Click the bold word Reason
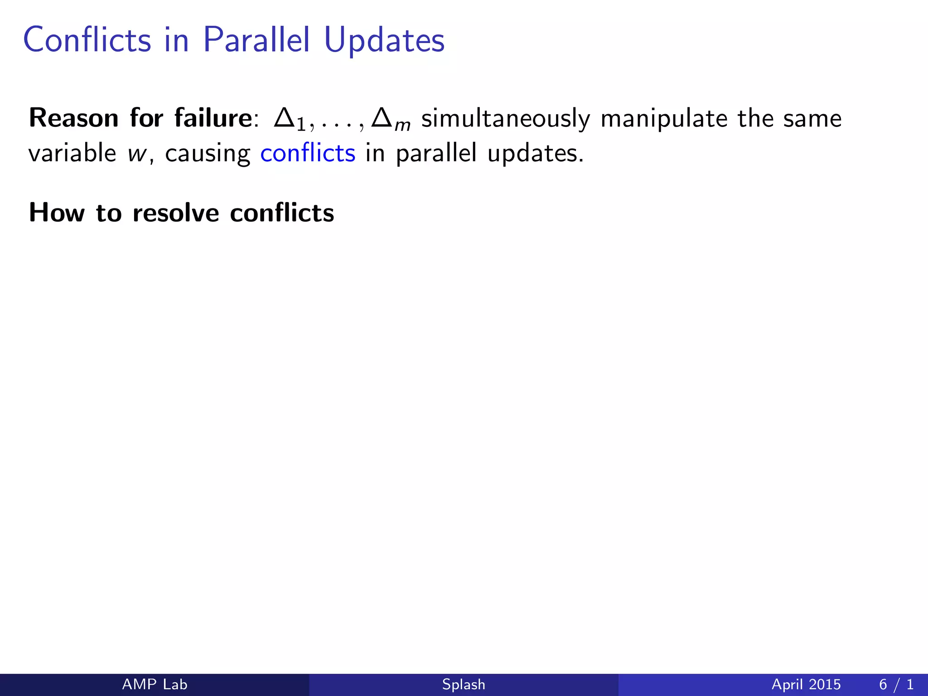click(x=74, y=118)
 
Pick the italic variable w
click(x=136, y=154)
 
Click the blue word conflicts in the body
click(x=308, y=153)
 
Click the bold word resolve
click(x=176, y=213)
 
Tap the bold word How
click(x=57, y=213)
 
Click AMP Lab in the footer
click(x=155, y=684)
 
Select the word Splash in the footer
click(x=464, y=685)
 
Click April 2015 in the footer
click(x=806, y=685)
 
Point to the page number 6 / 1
click(x=896, y=684)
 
